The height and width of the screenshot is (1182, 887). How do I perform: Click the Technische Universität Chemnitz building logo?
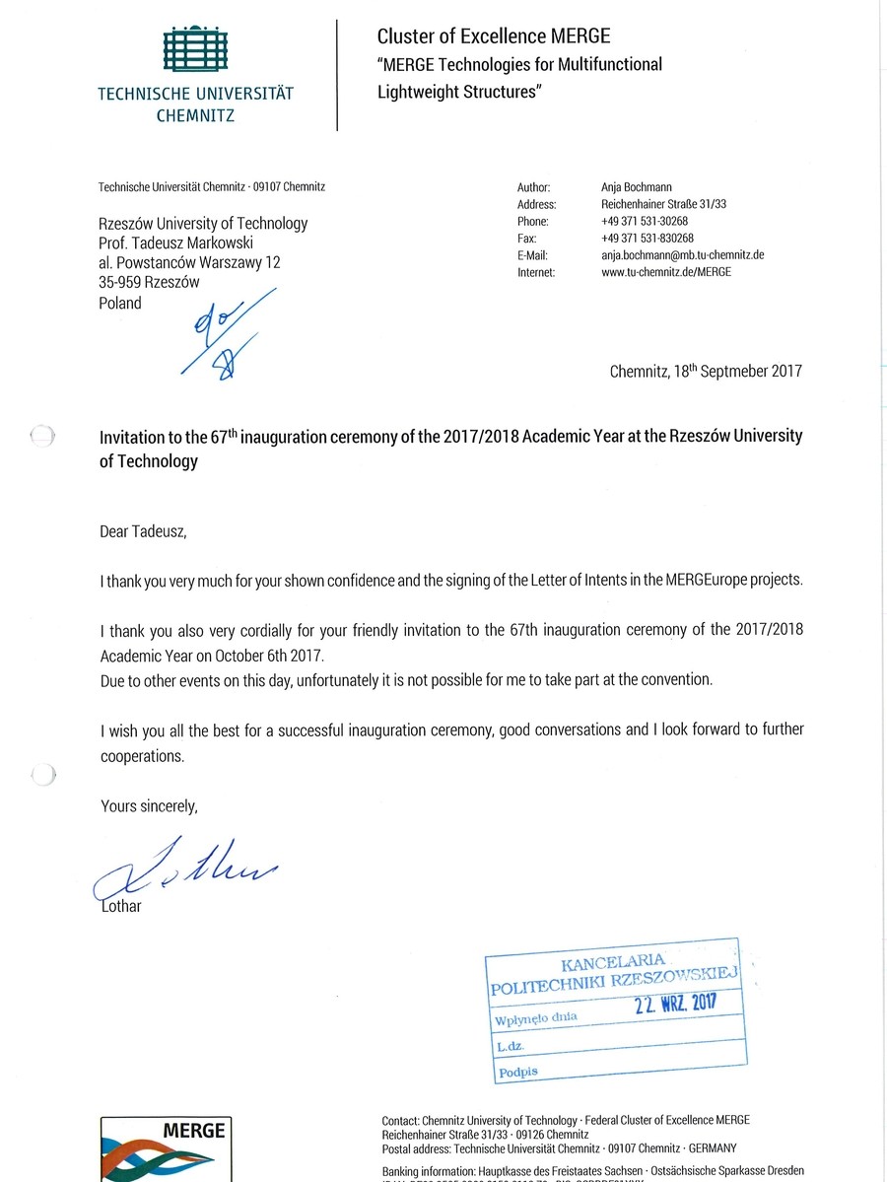[x=194, y=49]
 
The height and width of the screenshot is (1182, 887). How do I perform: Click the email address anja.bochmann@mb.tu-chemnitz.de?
[x=683, y=255]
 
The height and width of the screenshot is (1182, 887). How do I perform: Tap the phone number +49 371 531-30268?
[x=647, y=222]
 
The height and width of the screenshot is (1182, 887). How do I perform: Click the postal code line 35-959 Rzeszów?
[x=149, y=282]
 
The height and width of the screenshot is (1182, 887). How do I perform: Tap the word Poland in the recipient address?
[x=120, y=303]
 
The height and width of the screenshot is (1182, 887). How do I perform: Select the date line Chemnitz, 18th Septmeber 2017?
[x=706, y=372]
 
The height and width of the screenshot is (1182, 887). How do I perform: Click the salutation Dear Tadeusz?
[x=143, y=531]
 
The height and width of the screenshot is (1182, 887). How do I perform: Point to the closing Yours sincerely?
[x=149, y=805]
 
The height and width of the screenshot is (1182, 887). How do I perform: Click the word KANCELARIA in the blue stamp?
[x=613, y=960]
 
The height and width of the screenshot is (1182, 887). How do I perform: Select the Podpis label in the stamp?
[x=518, y=1072]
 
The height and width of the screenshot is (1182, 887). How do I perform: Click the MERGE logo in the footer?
[x=166, y=1148]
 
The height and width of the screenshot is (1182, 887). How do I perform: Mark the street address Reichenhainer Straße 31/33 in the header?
[x=663, y=204]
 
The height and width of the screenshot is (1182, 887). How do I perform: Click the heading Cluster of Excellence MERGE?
[x=494, y=36]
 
